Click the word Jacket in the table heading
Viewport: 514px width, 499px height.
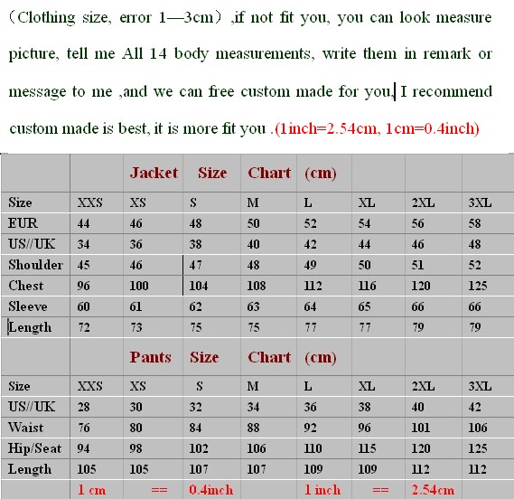154,173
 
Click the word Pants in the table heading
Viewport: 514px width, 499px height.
150,357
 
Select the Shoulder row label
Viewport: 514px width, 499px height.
35,265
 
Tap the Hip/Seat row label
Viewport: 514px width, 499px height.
36,448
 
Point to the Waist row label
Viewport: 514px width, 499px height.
26,428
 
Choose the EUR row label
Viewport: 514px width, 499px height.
23,223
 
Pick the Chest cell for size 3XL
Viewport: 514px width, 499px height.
477,286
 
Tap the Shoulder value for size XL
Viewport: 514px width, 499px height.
364,265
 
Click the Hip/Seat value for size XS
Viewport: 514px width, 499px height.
137,448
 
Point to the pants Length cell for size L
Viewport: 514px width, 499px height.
313,469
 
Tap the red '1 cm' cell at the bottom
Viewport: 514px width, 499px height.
91,490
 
